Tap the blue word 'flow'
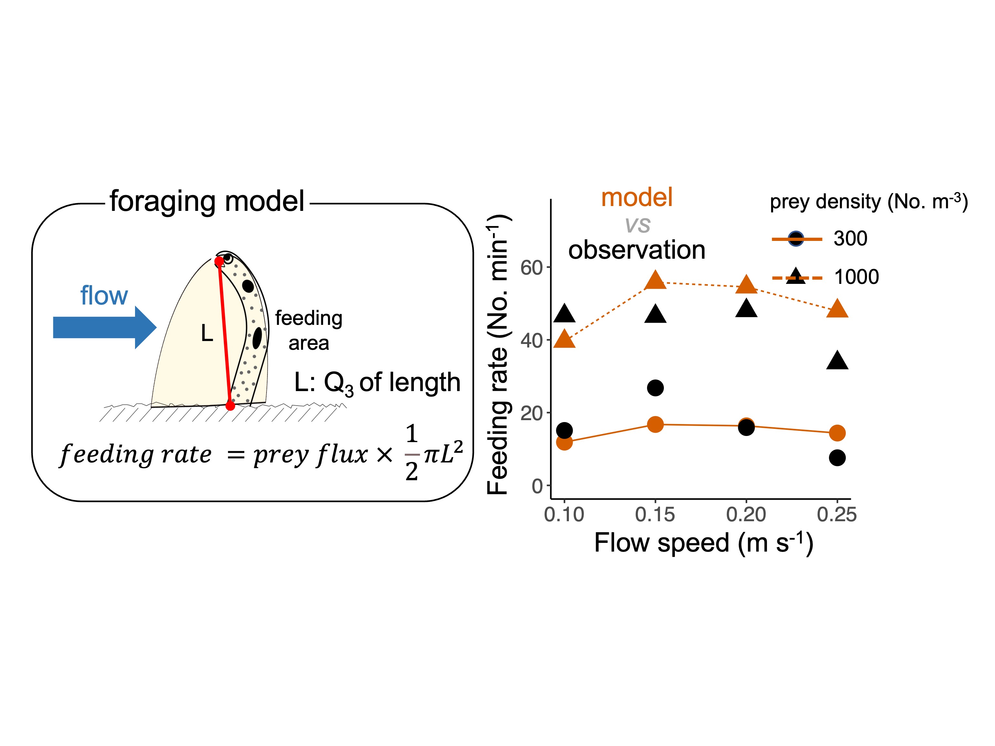pos(104,296)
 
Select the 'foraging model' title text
pos(207,201)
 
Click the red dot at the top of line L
pos(219,261)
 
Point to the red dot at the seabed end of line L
pos(230,406)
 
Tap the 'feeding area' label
pos(309,330)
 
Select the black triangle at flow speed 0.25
pos(837,361)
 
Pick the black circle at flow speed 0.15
pos(655,388)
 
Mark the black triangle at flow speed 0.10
pos(564,314)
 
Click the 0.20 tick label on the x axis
pos(746,514)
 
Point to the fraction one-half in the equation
pos(412,453)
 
